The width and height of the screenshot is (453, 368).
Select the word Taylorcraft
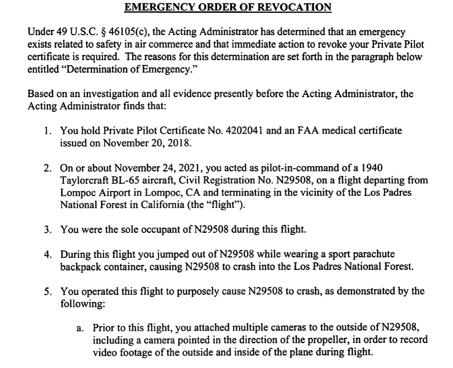(x=84, y=179)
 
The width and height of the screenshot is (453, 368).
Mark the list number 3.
(x=48, y=230)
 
